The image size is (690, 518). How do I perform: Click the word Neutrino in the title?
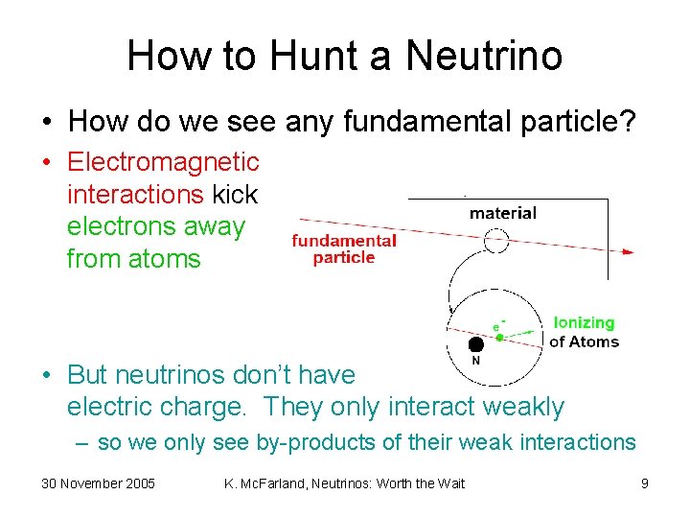coord(484,56)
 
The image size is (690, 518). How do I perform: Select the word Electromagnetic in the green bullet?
coord(163,162)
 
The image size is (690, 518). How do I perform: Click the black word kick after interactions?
coord(235,195)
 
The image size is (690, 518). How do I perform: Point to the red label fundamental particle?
coord(344,249)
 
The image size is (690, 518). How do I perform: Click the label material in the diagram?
coord(502,213)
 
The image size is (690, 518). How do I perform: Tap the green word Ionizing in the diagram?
coord(584,323)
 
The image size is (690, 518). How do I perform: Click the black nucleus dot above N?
coord(475,343)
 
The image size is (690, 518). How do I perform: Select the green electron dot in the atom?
coord(499,338)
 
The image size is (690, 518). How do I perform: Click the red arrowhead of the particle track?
coord(628,252)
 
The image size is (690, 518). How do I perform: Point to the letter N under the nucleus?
coord(475,361)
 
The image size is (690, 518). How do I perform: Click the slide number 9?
coord(645,483)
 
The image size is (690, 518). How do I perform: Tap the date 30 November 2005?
coord(98,483)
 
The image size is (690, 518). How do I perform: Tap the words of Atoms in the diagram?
coord(584,341)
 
